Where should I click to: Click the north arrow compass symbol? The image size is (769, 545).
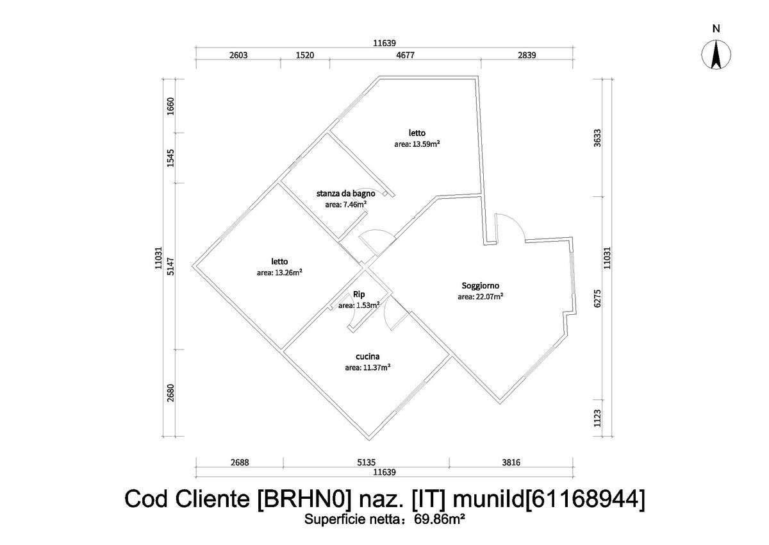[x=716, y=55]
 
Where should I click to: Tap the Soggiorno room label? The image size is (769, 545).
[x=480, y=286]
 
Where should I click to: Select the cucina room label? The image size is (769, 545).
[x=368, y=356]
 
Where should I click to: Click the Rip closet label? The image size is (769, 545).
[x=359, y=294]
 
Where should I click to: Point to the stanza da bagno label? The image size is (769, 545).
[x=345, y=193]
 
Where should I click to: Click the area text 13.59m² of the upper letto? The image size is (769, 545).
[x=417, y=144]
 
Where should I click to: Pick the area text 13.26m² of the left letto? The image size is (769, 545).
[x=279, y=272]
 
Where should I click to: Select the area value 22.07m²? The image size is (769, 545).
[x=480, y=297]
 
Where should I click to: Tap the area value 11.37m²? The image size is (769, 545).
[x=368, y=367]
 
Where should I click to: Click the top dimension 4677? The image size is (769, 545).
[x=405, y=55]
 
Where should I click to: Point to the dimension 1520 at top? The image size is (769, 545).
[x=304, y=55]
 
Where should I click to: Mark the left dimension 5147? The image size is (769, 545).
[x=170, y=265]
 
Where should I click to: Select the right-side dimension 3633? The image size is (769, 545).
[x=597, y=137]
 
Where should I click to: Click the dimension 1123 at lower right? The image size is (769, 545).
[x=597, y=419]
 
